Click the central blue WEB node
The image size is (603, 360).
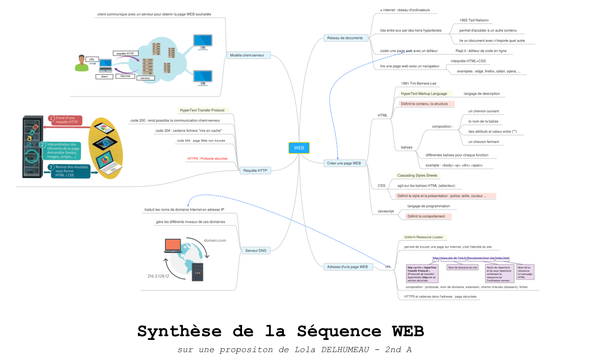pos(299,148)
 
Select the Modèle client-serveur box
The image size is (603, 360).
pos(247,55)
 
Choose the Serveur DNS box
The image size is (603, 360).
pos(256,250)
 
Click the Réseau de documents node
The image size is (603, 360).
pos(345,38)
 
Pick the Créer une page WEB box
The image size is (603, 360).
pos(345,163)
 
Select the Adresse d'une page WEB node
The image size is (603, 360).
pos(347,266)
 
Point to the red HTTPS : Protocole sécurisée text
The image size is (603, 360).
pos(207,158)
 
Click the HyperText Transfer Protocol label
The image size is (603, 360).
pos(202,110)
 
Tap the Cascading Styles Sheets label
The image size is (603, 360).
pos(417,175)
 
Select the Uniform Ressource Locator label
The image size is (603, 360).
pos(423,237)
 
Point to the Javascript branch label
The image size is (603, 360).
pos(386,211)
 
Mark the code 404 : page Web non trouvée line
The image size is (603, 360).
pos(201,141)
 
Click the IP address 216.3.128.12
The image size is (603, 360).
pos(158,276)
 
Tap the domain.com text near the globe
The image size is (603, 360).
pos(215,240)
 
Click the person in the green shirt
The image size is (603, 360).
pos(81,63)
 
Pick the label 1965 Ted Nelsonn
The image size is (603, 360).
pos(474,20)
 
